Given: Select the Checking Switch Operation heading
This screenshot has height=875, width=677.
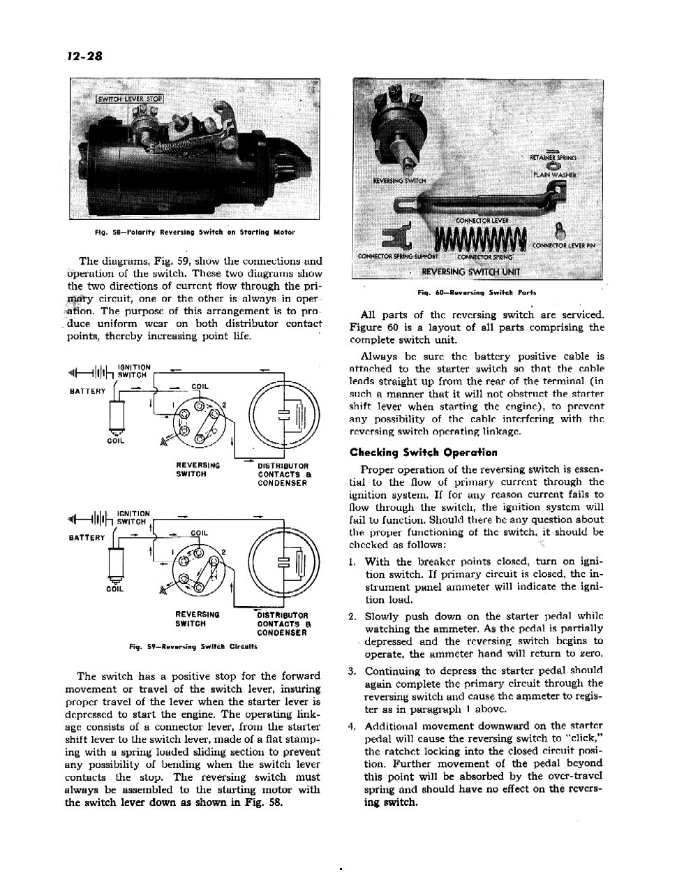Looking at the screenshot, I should pos(424,453).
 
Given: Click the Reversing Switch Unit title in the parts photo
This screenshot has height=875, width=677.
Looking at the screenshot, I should pos(471,272).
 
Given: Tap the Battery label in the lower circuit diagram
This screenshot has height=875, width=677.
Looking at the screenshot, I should pos(87,538).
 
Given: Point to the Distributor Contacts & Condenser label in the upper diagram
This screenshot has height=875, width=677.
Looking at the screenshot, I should pos(283,474).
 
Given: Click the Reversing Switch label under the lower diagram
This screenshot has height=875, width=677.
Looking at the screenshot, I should pos(198,619).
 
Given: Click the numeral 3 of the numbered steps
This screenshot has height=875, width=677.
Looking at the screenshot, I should pos(350,671).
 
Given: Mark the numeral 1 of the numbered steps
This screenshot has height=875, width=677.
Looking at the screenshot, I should pos(350,562).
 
